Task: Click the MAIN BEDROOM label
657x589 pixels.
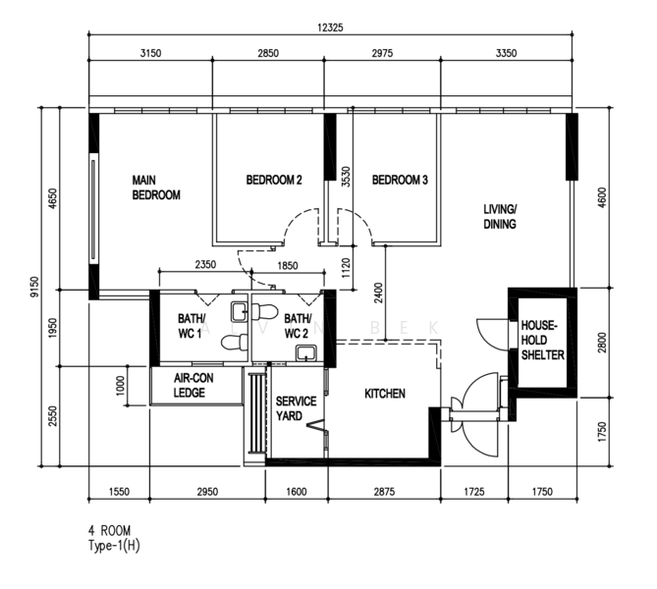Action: pos(156,187)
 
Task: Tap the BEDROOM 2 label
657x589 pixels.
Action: pos(274,180)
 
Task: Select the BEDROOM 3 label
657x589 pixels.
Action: pos(400,180)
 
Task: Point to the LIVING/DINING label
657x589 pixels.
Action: pos(500,217)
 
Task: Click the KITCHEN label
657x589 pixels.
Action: pos(385,394)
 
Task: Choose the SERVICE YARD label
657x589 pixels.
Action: pos(296,408)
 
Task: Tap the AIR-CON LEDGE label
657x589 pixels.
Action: pos(193,386)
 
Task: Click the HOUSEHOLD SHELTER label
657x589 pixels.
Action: pos(543,341)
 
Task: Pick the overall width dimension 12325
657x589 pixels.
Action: pos(330,27)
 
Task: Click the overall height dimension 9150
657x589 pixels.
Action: pos(34,287)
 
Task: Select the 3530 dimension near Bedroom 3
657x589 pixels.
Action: pos(346,177)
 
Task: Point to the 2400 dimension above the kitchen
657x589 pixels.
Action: pos(378,294)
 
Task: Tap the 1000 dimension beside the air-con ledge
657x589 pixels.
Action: pos(120,386)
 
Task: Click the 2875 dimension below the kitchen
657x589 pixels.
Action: pos(384,492)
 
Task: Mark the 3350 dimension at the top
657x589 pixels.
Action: pos(506,53)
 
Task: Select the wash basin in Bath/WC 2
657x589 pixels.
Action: pos(306,353)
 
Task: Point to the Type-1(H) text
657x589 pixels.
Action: pos(114,546)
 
